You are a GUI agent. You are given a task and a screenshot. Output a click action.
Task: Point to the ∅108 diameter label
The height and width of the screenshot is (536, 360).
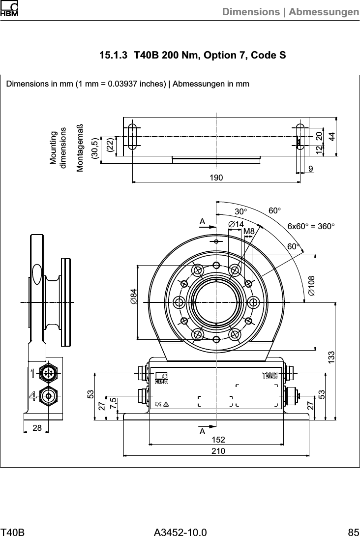tap(311, 286)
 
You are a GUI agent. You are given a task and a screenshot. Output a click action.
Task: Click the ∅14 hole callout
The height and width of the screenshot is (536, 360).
tap(237, 224)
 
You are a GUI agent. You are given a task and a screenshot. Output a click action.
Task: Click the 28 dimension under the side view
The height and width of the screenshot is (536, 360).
tap(37, 428)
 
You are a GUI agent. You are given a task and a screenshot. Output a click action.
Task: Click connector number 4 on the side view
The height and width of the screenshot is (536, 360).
tap(33, 395)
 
